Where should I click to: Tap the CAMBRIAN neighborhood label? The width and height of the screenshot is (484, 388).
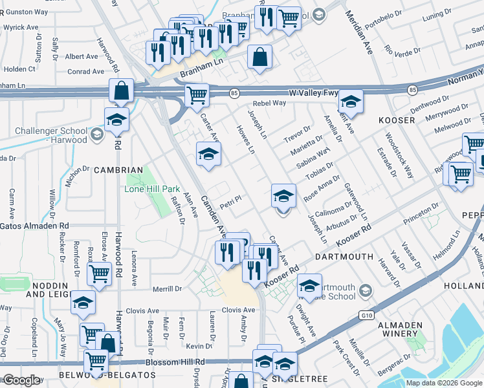coord(117,170)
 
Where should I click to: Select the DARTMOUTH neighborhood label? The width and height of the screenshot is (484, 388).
coord(344,257)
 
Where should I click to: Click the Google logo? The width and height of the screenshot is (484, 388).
coord(21,380)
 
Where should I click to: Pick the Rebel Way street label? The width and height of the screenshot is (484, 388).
coord(269,103)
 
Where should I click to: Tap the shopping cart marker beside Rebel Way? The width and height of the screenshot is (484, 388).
coord(197,96)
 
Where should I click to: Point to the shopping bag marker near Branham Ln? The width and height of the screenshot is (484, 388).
coord(259,57)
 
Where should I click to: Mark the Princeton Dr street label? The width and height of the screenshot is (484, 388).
coord(421,213)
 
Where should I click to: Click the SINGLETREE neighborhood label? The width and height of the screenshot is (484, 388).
coord(322,378)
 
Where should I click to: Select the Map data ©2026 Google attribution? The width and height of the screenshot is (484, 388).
coord(443,383)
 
